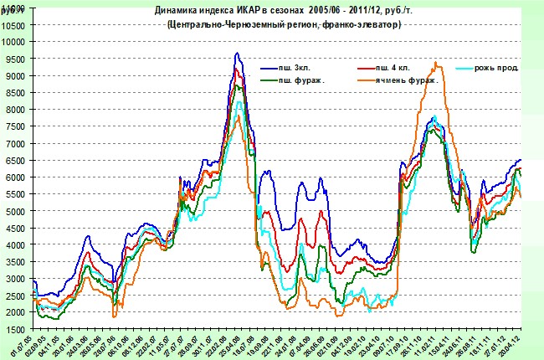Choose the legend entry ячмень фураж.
click(405, 80)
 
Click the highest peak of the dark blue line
click(237, 54)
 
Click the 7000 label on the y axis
click(16, 143)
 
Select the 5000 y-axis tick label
click(16, 211)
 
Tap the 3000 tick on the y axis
click(16, 279)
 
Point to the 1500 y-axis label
click(16, 329)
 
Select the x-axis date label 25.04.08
click(226, 343)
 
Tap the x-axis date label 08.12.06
click(124, 343)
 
